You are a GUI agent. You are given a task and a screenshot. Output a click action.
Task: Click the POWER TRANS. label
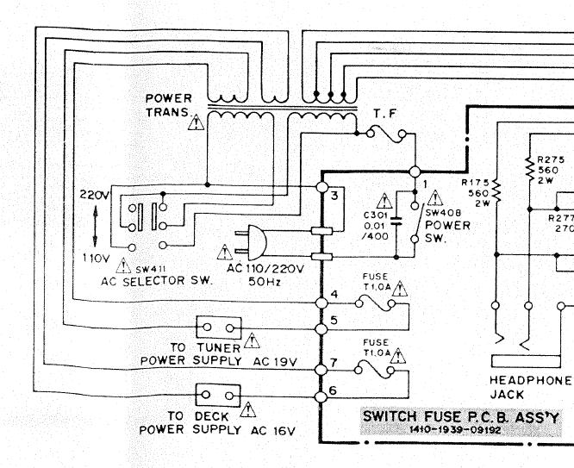click(169, 105)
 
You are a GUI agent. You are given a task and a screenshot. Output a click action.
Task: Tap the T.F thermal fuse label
click(384, 114)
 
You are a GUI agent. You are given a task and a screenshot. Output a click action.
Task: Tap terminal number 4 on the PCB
click(334, 295)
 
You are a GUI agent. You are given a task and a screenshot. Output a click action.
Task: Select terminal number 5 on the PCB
click(334, 321)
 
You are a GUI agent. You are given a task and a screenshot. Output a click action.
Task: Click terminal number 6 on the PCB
click(334, 392)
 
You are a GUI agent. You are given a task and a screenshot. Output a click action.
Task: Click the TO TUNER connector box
click(218, 328)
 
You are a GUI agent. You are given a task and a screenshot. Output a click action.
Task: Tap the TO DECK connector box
click(218, 395)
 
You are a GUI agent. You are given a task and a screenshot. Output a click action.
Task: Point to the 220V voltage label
click(94, 196)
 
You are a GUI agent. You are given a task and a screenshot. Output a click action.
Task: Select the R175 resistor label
click(476, 182)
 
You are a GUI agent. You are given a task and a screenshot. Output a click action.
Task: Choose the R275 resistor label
click(550, 159)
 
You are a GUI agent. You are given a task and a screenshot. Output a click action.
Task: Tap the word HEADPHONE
click(530, 380)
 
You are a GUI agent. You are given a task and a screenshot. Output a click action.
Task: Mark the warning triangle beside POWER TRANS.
click(197, 122)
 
